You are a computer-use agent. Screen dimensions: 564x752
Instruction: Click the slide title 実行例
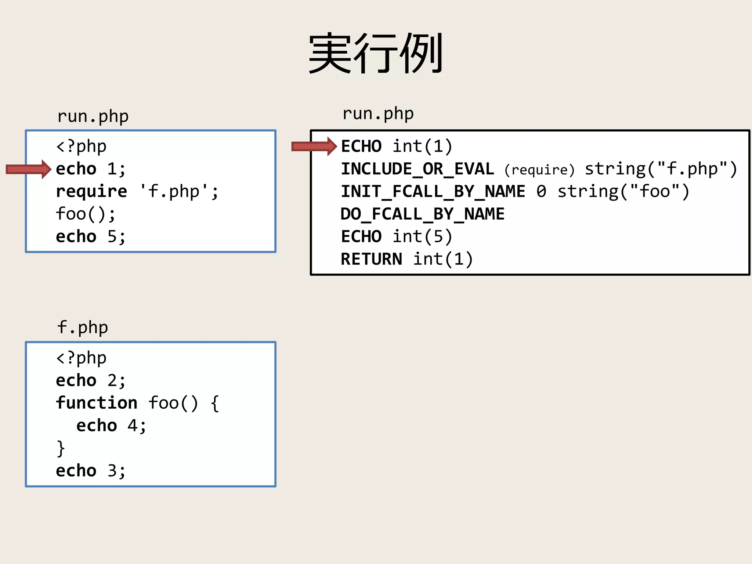376,53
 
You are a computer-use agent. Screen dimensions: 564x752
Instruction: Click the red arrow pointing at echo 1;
29,169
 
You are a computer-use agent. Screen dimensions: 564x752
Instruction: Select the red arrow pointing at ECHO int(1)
314,147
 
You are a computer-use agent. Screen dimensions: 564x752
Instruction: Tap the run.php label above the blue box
93,116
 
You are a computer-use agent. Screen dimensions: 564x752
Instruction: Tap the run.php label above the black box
378,114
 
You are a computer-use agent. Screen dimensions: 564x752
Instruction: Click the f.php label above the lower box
83,328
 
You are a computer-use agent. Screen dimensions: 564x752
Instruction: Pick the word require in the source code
91,192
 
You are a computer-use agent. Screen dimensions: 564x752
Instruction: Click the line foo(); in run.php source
86,214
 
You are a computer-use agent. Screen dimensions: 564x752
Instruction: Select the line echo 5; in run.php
91,237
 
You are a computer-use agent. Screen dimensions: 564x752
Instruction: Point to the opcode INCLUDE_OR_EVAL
417,169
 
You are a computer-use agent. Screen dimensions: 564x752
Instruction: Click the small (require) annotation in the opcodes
539,170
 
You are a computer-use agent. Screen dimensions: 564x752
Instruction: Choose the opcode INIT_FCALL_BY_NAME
433,192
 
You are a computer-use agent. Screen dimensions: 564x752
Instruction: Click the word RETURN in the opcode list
371,259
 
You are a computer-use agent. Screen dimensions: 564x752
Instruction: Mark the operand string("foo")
623,192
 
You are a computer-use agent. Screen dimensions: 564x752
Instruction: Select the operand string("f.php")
661,169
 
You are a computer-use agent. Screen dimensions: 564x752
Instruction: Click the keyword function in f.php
97,403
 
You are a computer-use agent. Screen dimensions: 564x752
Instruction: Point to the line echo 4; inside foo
111,426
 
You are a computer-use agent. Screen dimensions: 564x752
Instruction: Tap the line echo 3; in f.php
91,471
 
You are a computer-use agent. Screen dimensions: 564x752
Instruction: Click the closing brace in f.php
61,448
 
